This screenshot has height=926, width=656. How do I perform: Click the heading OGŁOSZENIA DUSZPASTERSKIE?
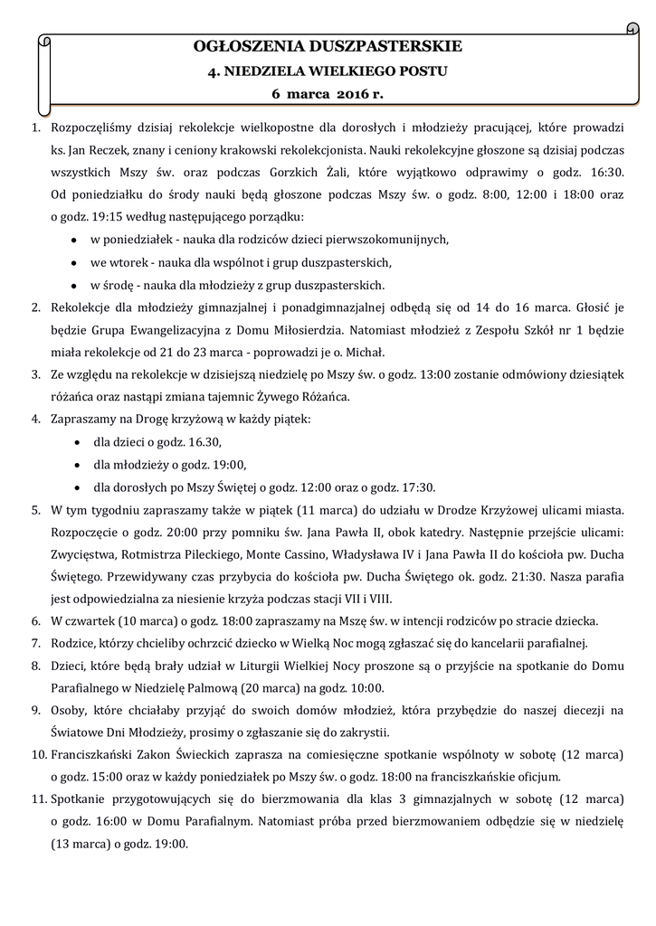(x=328, y=45)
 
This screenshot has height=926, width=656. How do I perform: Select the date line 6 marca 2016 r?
(x=328, y=93)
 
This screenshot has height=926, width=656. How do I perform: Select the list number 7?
(x=36, y=643)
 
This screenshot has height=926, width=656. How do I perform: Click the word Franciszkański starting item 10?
(x=99, y=754)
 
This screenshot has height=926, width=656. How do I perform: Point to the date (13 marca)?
(x=82, y=844)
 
